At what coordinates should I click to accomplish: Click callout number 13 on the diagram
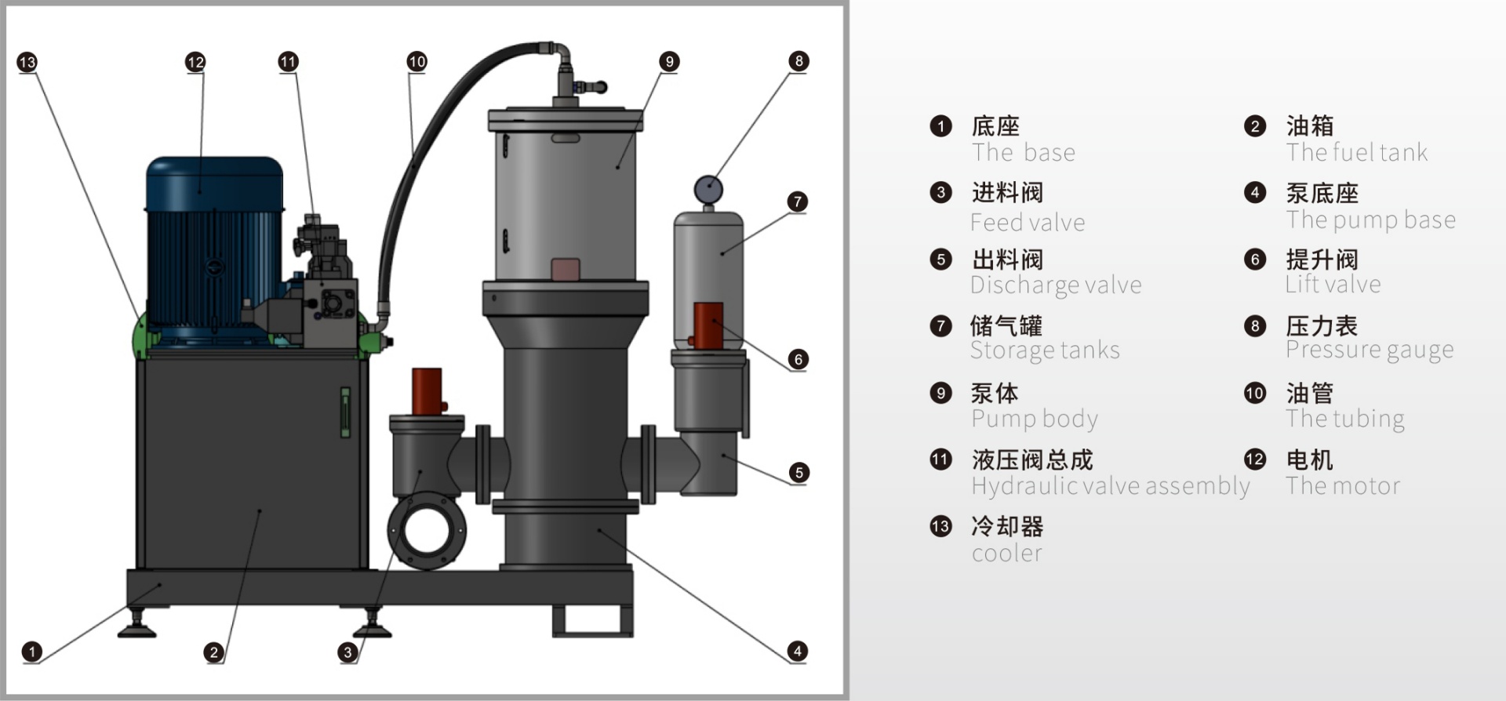pos(27,63)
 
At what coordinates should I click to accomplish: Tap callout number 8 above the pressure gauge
pos(798,61)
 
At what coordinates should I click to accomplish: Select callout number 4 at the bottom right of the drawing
pos(798,651)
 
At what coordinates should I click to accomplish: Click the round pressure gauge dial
pos(708,190)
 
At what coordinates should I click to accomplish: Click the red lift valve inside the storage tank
pos(708,325)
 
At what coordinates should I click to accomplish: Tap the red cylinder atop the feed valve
pos(427,390)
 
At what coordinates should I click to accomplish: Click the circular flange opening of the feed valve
pos(426,530)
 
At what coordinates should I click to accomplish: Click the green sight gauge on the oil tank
pos(344,412)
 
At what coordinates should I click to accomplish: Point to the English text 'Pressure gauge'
pos(1370,350)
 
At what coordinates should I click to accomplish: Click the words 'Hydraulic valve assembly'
pos(1110,486)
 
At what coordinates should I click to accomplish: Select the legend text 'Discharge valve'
pos(1056,285)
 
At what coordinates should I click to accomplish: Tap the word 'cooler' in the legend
pos(1007,554)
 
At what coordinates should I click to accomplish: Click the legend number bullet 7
pos(940,325)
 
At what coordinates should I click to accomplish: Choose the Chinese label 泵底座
pos(1322,193)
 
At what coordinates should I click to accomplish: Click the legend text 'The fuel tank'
pos(1357,152)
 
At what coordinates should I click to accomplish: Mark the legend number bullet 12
pos(1255,459)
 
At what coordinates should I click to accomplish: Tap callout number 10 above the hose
pos(417,61)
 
